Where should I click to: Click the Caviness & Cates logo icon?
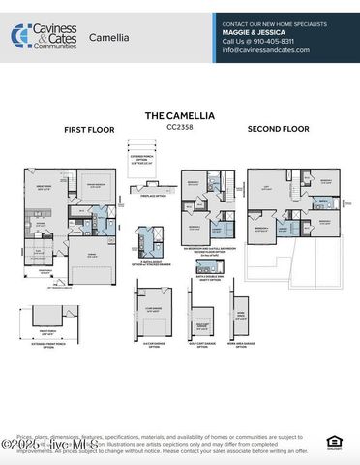pos(20,35)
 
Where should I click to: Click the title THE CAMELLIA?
pos(181,114)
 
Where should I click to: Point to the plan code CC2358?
pos(181,125)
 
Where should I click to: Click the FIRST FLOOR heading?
pos(89,129)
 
